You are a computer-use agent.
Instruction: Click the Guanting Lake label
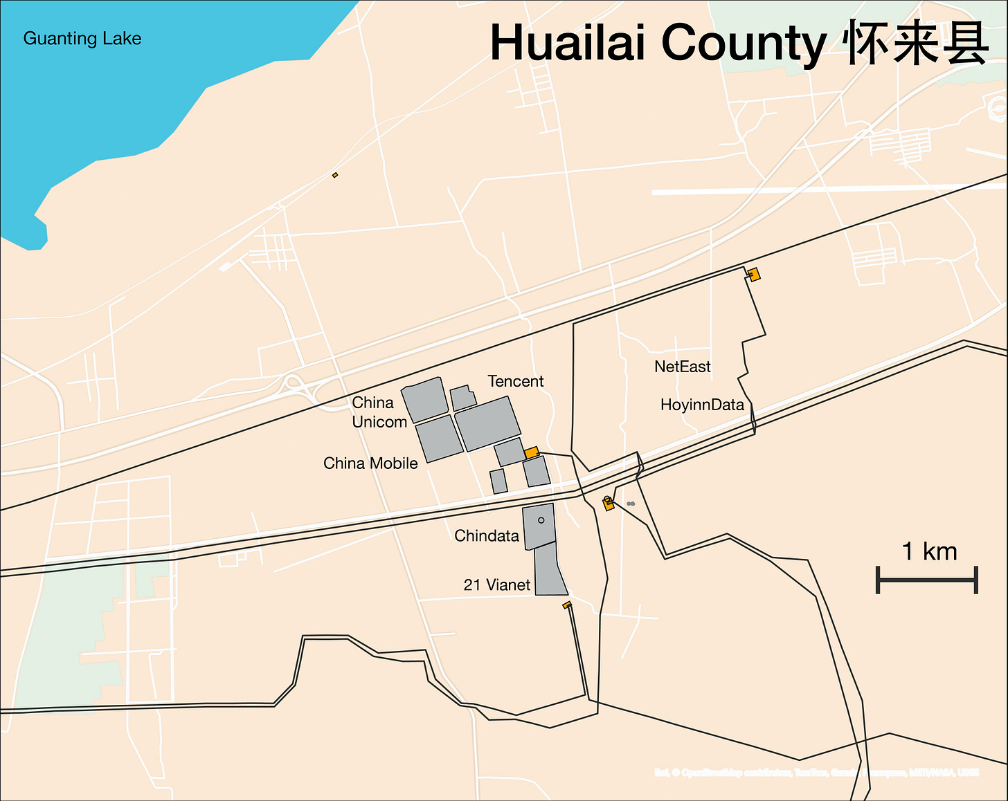click(x=82, y=39)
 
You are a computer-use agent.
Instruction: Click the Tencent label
click(x=515, y=381)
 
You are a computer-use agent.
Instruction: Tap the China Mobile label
click(x=370, y=463)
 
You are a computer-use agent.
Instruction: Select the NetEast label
click(x=682, y=367)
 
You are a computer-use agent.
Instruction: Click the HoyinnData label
click(x=701, y=405)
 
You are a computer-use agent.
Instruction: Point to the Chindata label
click(x=486, y=536)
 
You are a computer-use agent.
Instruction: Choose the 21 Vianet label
click(x=496, y=585)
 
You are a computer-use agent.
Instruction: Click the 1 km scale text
click(x=928, y=551)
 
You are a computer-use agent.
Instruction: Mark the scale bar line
click(x=927, y=580)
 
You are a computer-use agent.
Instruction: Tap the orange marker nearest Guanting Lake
click(x=335, y=175)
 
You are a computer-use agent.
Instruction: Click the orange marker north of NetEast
click(x=754, y=274)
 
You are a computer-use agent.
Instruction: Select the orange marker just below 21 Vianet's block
click(x=567, y=605)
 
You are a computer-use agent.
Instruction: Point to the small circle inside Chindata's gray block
click(x=541, y=520)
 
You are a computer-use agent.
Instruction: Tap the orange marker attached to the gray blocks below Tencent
click(x=531, y=452)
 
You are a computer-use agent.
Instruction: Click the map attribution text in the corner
click(x=816, y=772)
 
